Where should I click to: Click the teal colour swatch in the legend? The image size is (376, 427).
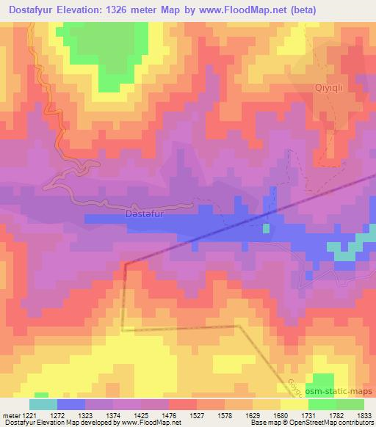[x=43, y=404]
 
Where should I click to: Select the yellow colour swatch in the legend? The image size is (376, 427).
[x=294, y=404]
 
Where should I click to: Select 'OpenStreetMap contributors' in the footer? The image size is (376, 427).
[x=328, y=423]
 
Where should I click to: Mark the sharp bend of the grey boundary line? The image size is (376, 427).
[x=125, y=263]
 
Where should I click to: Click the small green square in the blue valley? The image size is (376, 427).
[x=266, y=228]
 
